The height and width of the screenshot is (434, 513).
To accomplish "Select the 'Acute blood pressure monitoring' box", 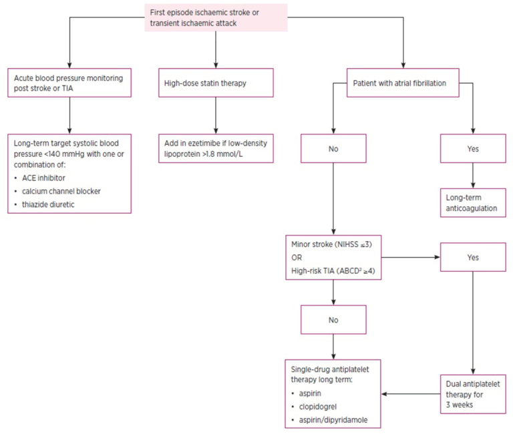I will point(69,83).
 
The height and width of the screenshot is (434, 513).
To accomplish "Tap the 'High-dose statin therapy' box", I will point(216,83).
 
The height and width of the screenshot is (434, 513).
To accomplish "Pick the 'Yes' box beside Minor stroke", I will point(473,256).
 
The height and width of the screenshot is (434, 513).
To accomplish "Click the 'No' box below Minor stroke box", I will point(333,320).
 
